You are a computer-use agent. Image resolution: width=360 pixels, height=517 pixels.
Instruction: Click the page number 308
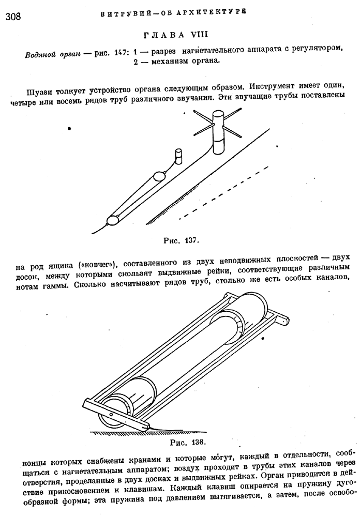(x=13, y=16)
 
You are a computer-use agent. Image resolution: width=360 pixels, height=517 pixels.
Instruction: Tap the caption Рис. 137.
(x=181, y=240)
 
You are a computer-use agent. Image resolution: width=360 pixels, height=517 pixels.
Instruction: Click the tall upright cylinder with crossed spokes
(x=218, y=132)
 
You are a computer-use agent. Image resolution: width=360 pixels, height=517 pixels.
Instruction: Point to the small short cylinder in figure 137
(x=178, y=156)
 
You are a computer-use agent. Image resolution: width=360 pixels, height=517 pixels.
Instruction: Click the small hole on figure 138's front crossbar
(x=111, y=415)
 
